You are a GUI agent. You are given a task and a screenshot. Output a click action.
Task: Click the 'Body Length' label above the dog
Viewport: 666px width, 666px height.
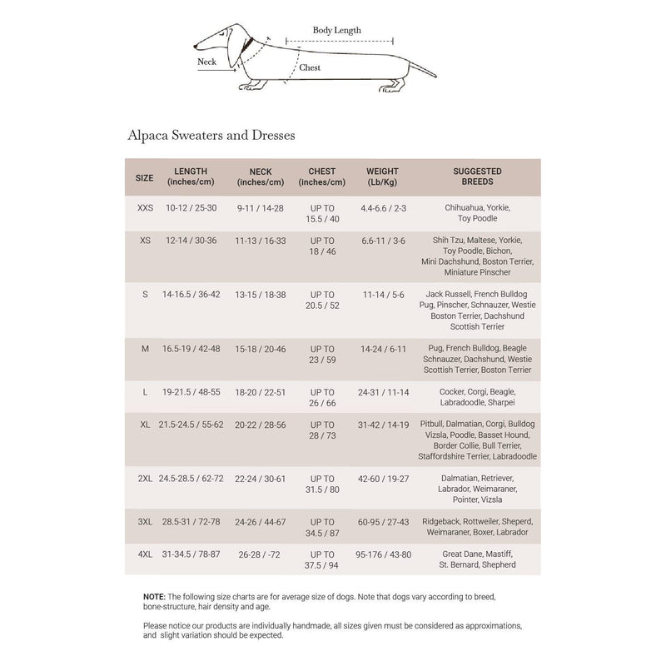point(336,30)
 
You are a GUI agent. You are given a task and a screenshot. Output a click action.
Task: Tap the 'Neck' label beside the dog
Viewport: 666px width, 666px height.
point(206,62)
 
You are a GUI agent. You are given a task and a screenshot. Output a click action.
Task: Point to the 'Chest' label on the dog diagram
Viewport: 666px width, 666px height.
point(310,67)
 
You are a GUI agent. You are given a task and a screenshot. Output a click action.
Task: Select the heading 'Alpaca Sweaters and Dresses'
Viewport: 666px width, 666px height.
point(212,133)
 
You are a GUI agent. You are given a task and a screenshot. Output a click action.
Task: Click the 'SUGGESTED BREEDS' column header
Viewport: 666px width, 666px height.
point(477,176)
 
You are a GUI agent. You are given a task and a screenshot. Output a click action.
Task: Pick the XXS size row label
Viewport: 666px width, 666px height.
point(145,207)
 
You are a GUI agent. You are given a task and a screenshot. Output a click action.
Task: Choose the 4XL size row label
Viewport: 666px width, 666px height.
point(145,554)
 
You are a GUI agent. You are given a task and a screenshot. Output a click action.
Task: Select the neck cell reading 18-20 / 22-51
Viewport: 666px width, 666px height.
point(261,392)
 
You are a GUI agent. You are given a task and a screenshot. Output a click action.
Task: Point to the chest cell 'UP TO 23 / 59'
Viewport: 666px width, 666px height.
point(322,355)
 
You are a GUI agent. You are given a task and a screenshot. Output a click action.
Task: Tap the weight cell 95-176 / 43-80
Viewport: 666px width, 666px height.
point(383,554)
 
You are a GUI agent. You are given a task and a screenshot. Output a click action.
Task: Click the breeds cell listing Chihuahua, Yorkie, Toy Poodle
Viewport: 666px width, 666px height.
point(477,213)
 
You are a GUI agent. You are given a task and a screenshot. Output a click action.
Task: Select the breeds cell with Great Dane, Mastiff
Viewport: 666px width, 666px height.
point(477,559)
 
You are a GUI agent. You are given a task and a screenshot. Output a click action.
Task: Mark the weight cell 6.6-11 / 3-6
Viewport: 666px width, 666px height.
point(383,240)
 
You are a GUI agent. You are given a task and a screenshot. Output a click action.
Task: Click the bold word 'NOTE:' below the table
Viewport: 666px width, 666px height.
point(153,597)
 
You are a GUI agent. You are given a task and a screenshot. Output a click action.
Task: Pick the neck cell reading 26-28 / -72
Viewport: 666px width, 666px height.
point(261,554)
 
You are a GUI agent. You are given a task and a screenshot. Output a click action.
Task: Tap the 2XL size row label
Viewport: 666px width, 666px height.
point(145,479)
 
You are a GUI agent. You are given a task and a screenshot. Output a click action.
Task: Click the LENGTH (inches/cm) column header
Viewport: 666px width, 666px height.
point(191,176)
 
